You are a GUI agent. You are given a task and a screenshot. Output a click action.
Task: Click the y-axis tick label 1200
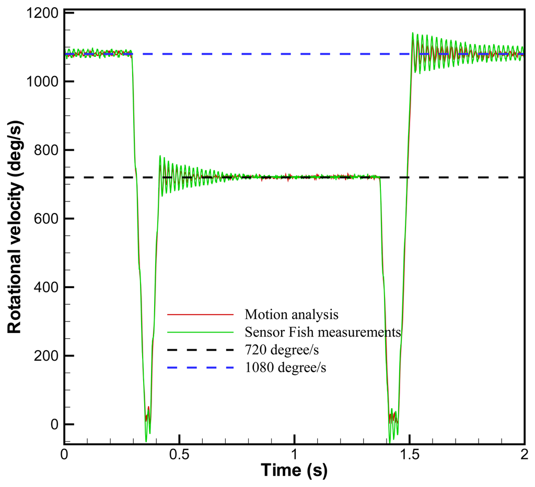point(42,13)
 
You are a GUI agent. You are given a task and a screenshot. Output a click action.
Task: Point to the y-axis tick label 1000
point(42,81)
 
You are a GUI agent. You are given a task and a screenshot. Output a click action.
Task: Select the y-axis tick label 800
point(46,150)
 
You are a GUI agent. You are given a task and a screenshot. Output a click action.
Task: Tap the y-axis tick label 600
point(46,219)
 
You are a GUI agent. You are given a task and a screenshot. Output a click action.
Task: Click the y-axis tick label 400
point(46,287)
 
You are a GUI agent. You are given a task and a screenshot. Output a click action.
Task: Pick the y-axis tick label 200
point(46,356)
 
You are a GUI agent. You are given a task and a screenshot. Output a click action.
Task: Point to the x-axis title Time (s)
point(294,471)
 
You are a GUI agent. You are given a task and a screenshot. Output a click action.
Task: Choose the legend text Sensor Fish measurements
point(322,332)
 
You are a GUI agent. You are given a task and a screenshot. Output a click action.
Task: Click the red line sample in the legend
point(200,315)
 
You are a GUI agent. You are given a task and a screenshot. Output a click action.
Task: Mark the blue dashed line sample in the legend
point(200,367)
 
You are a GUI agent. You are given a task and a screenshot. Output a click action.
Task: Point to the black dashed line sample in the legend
point(200,350)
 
